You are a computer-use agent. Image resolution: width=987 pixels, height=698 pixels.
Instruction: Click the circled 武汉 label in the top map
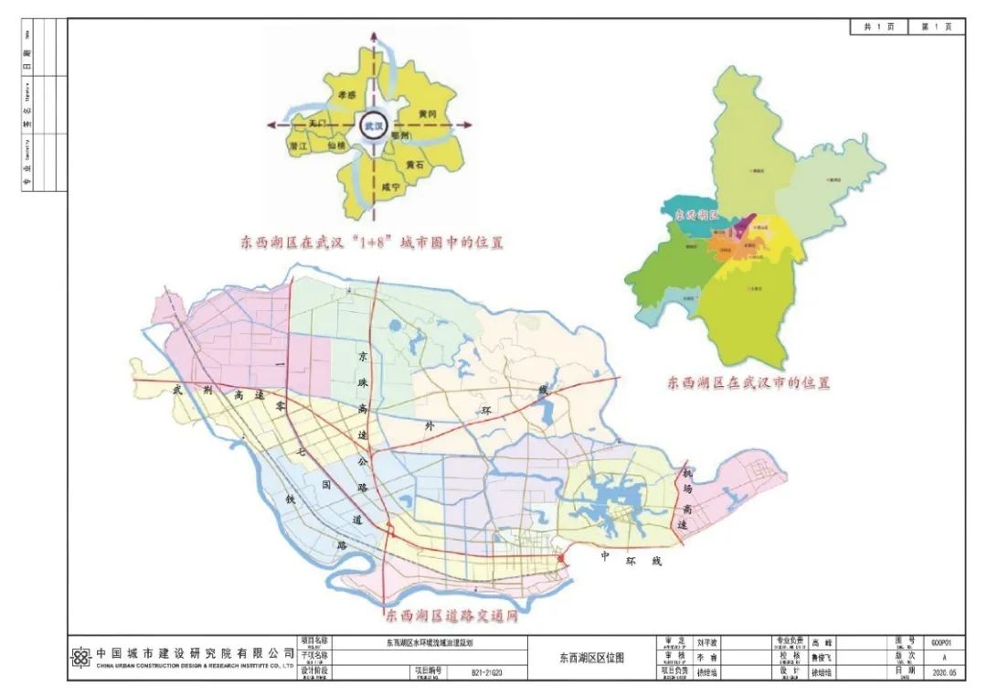[x=373, y=125]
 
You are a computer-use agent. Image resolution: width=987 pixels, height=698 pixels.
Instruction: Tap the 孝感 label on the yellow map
[x=346, y=94]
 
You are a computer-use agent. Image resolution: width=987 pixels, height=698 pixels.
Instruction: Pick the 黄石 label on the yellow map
[x=416, y=166]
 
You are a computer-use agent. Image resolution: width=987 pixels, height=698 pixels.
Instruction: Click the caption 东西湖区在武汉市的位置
[x=748, y=383]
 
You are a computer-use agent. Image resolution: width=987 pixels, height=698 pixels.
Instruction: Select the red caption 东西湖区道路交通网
[x=451, y=616]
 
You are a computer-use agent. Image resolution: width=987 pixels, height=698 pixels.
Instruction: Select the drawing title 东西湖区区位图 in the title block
[x=591, y=658]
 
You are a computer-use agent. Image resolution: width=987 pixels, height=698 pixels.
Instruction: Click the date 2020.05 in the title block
[x=942, y=671]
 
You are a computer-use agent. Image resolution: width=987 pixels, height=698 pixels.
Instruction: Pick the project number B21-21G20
[x=488, y=671]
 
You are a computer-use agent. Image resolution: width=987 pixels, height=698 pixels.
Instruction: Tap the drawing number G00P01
[x=942, y=643]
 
